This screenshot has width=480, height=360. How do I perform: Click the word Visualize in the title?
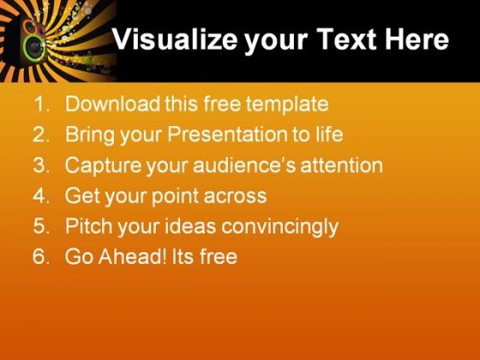tap(175, 39)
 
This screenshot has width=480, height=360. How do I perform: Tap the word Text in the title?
tap(346, 39)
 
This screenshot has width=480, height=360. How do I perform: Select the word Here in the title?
tap(417, 39)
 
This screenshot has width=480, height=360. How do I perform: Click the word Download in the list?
tap(112, 104)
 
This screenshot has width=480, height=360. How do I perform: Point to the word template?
tap(287, 104)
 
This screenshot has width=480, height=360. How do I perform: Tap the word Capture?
tap(103, 165)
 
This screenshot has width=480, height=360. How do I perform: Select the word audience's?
tap(244, 165)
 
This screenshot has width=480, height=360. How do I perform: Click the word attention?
tap(342, 165)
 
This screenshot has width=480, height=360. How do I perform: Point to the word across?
tap(235, 196)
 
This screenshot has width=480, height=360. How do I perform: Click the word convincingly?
tap(279, 227)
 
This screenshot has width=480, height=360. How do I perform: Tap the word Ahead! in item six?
tap(133, 256)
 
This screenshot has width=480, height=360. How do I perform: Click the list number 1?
tap(42, 104)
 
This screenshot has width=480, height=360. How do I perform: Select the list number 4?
tap(41, 195)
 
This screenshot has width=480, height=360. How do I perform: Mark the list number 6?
tap(41, 256)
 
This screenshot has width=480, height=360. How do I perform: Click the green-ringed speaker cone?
tap(34, 48)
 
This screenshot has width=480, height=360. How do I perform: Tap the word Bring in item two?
tap(90, 135)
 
